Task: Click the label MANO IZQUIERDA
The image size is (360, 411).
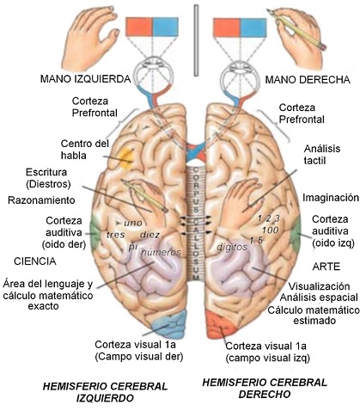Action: pos(83,79)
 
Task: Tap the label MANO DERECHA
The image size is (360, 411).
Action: pos(306,80)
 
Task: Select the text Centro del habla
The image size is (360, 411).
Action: pos(83,149)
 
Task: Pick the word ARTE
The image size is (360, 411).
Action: pos(326,267)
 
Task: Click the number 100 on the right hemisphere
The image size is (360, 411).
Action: pos(269,230)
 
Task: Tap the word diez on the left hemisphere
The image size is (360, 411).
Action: pos(150,234)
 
